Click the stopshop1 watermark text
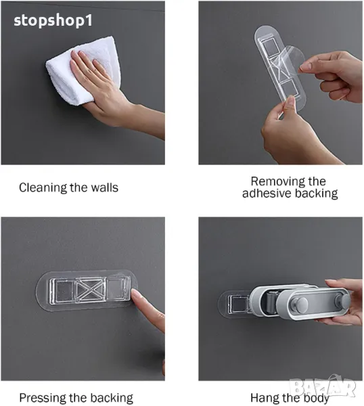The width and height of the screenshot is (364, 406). click(x=53, y=21)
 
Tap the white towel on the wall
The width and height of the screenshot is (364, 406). click(x=83, y=70)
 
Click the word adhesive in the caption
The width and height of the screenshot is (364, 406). click(x=267, y=194)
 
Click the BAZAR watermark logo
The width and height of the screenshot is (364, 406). click(x=323, y=387)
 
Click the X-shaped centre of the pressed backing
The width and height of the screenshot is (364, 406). click(x=91, y=290)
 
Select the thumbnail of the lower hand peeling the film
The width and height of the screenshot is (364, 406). click(x=290, y=103)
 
